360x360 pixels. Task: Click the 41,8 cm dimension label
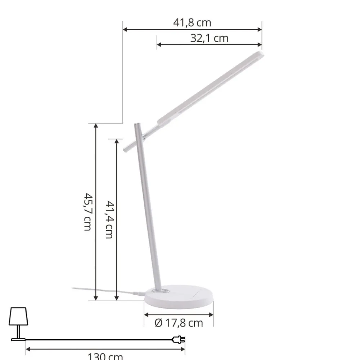click(192, 23)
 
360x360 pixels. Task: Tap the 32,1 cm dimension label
click(209, 38)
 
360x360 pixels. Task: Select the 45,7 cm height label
click(87, 212)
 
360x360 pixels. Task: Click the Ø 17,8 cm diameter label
click(179, 323)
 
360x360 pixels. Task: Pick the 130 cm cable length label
click(105, 356)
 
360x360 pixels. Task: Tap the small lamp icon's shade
click(18, 316)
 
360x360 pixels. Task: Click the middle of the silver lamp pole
click(148, 209)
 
